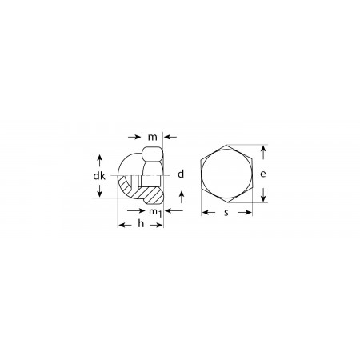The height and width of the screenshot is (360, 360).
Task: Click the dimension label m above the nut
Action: pyautogui.click(x=153, y=137)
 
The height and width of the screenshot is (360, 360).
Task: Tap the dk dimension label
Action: pyautogui.click(x=99, y=176)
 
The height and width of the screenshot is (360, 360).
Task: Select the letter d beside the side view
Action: pyautogui.click(x=181, y=174)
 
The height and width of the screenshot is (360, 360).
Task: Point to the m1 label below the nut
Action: pyautogui.click(x=155, y=213)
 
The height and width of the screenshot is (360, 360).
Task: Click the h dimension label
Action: pyautogui.click(x=141, y=223)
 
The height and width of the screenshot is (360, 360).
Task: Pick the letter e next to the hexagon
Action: pyautogui.click(x=263, y=174)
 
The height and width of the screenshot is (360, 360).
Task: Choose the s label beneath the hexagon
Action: pyautogui.click(x=226, y=213)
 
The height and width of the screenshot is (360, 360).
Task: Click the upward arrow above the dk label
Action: pyautogui.click(x=99, y=162)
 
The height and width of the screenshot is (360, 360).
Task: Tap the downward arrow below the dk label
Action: pyautogui.click(x=99, y=191)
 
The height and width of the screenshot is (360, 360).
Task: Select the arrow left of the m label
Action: pyautogui.click(x=134, y=137)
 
